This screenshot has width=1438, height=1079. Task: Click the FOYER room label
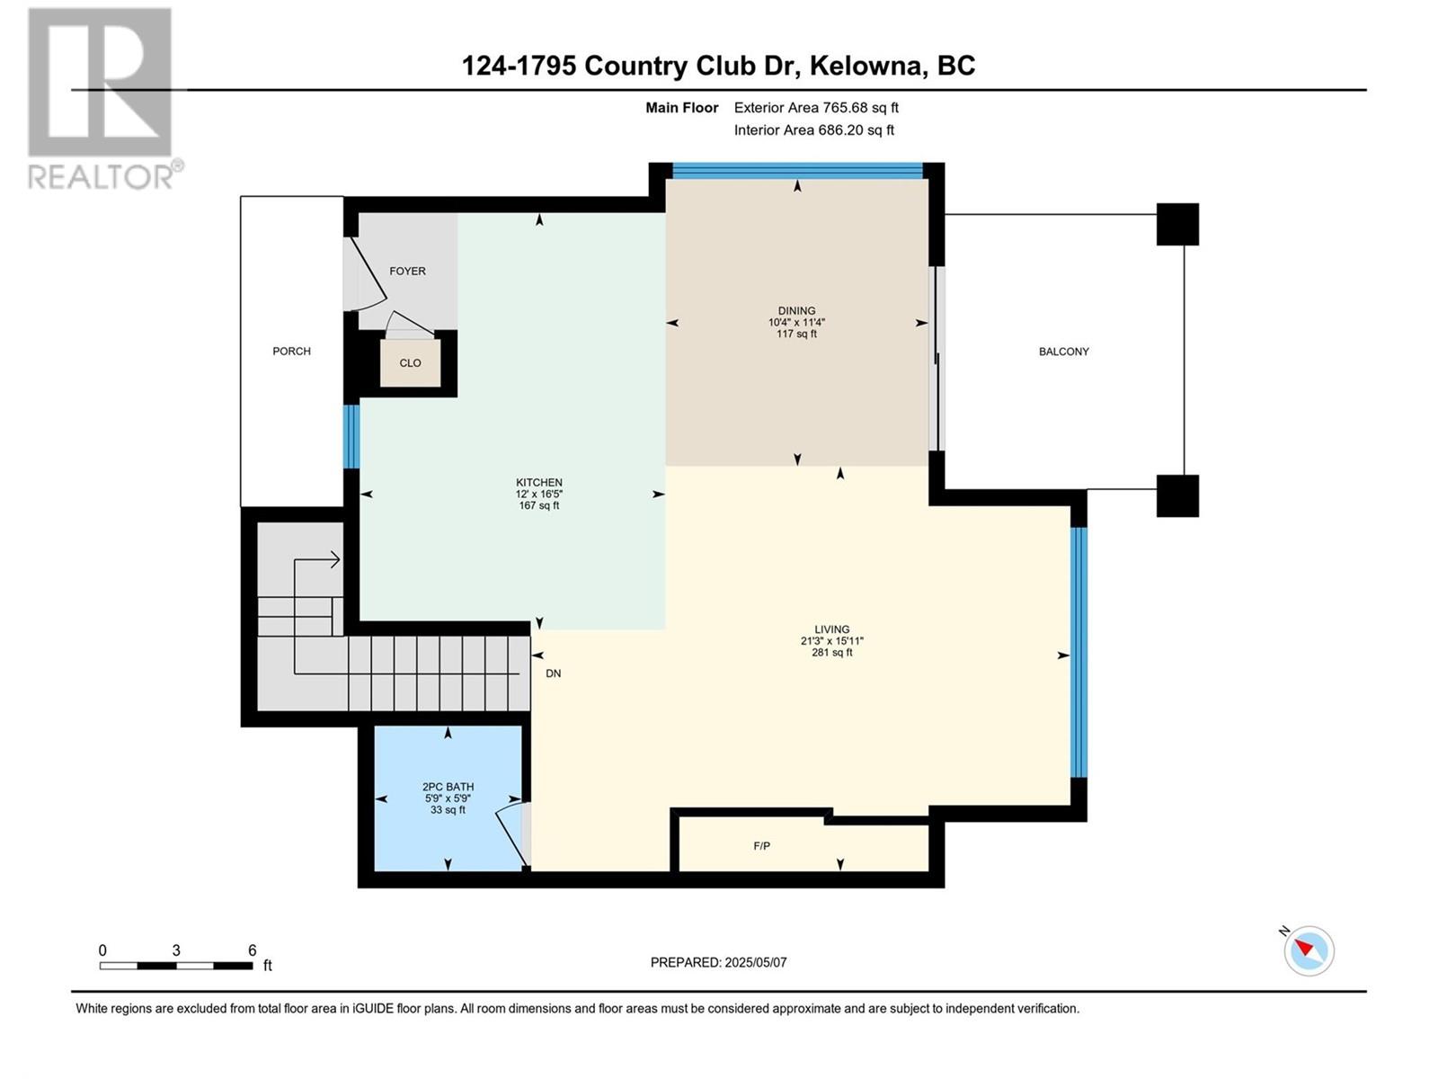click(x=407, y=272)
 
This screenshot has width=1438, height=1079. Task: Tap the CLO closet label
click(x=410, y=363)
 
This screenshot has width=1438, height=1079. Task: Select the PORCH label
click(x=291, y=352)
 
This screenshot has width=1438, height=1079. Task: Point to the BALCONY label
click(x=1063, y=352)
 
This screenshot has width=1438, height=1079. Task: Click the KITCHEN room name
click(x=538, y=482)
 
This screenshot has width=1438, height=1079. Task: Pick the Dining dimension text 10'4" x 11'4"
click(x=796, y=322)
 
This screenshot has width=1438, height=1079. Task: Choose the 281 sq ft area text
click(x=832, y=653)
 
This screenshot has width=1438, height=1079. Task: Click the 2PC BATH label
click(x=448, y=787)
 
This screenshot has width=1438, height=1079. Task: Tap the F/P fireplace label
click(x=761, y=846)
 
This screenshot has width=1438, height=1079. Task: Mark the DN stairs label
click(x=553, y=673)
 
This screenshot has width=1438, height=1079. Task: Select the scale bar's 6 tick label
click(x=253, y=950)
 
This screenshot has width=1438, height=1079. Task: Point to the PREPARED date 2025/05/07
click(x=755, y=962)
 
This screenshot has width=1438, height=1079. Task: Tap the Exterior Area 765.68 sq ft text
click(x=816, y=107)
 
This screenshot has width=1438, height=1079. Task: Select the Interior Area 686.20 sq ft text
click(x=813, y=129)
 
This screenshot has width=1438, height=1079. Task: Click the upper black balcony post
click(x=1177, y=224)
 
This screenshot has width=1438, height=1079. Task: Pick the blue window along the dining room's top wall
click(x=797, y=171)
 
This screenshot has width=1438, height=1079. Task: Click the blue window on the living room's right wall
click(x=1078, y=652)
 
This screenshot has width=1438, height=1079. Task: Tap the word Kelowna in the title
click(x=866, y=67)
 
